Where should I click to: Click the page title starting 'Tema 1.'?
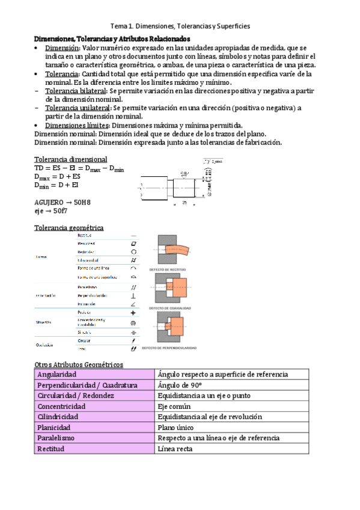click(180, 26)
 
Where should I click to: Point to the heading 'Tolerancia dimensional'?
click(71, 159)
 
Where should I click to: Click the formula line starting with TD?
click(79, 169)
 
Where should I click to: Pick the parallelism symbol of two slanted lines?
click(133, 287)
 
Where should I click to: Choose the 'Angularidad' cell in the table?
click(56, 375)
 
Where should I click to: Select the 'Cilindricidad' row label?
click(59, 417)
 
